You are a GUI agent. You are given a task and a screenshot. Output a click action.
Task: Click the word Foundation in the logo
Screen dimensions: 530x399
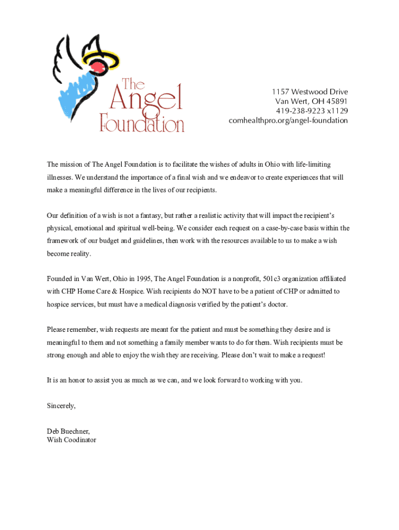tap(142, 123)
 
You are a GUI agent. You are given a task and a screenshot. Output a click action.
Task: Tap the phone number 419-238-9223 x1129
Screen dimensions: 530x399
tap(311, 111)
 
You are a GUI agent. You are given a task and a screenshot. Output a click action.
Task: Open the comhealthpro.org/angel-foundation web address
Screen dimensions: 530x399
tap(288, 121)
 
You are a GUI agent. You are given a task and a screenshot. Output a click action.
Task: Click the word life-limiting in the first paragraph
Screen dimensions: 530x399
tap(313, 165)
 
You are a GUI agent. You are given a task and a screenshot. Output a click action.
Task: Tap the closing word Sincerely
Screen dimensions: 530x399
tap(61, 406)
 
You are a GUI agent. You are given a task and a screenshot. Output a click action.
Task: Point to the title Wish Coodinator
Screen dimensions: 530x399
tap(71, 440)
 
